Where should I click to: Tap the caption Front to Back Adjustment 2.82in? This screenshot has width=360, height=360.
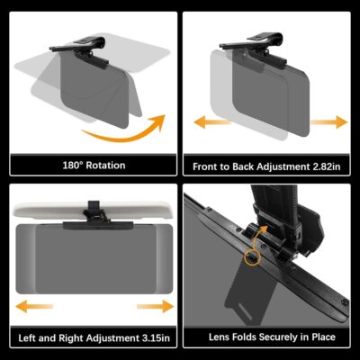pos(266,166)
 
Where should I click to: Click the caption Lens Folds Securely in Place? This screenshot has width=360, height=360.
pos(266,338)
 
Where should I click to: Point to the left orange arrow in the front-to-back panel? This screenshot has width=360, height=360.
pos(202,121)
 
